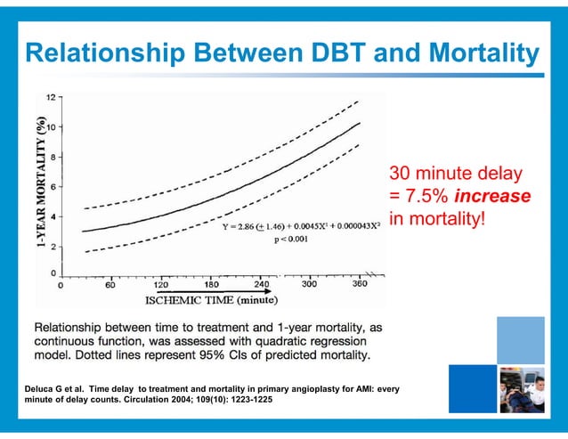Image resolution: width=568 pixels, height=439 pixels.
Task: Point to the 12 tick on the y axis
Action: [52, 96]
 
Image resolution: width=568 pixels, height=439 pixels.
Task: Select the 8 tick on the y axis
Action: [54, 157]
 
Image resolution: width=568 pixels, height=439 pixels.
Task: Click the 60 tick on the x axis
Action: [111, 286]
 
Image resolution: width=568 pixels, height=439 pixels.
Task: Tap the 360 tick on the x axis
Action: [360, 286]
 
